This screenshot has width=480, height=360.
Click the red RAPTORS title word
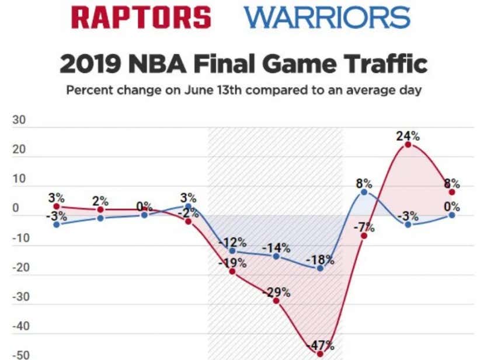pyautogui.click(x=141, y=18)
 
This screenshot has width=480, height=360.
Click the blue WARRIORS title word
pyautogui.click(x=328, y=18)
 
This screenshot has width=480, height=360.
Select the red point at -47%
pyautogui.click(x=320, y=354)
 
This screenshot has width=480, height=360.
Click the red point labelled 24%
pyautogui.click(x=408, y=145)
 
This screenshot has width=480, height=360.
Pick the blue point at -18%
pyautogui.click(x=320, y=268)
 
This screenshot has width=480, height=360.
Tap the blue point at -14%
pyautogui.click(x=276, y=256)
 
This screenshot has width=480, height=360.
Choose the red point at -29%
pyautogui.click(x=276, y=300)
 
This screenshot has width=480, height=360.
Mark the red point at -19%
pyautogui.click(x=232, y=271)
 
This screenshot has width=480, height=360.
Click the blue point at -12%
pyautogui.click(x=232, y=250)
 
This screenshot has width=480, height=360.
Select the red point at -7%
pyautogui.click(x=364, y=236)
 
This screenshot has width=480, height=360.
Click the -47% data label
pyautogui.click(x=320, y=345)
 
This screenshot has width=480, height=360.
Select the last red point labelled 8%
pyautogui.click(x=452, y=192)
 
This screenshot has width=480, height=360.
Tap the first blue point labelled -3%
pyautogui.click(x=57, y=224)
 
